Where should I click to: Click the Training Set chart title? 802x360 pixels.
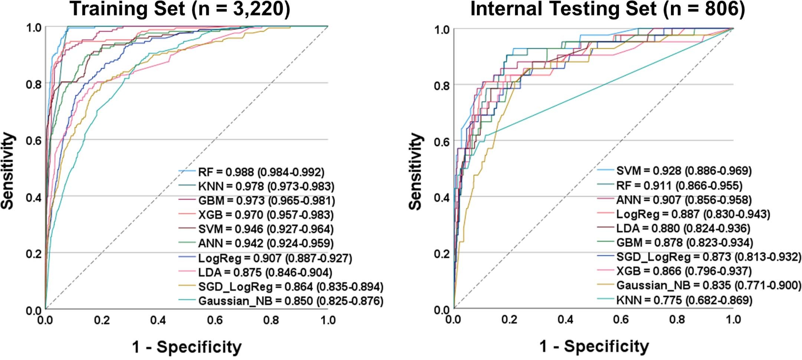[180, 9]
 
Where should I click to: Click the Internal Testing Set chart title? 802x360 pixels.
[608, 9]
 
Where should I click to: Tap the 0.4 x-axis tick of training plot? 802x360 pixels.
[158, 320]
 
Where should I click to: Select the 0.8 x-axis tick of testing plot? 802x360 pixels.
[677, 319]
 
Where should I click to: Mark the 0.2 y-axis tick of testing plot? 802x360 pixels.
[442, 254]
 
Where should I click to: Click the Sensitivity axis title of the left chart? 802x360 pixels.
[8, 171]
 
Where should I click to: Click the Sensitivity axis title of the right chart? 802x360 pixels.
[416, 171]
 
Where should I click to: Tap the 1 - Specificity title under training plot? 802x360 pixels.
[187, 347]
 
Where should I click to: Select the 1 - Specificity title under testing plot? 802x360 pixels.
[594, 346]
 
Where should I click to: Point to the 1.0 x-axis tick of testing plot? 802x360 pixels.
[733, 319]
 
